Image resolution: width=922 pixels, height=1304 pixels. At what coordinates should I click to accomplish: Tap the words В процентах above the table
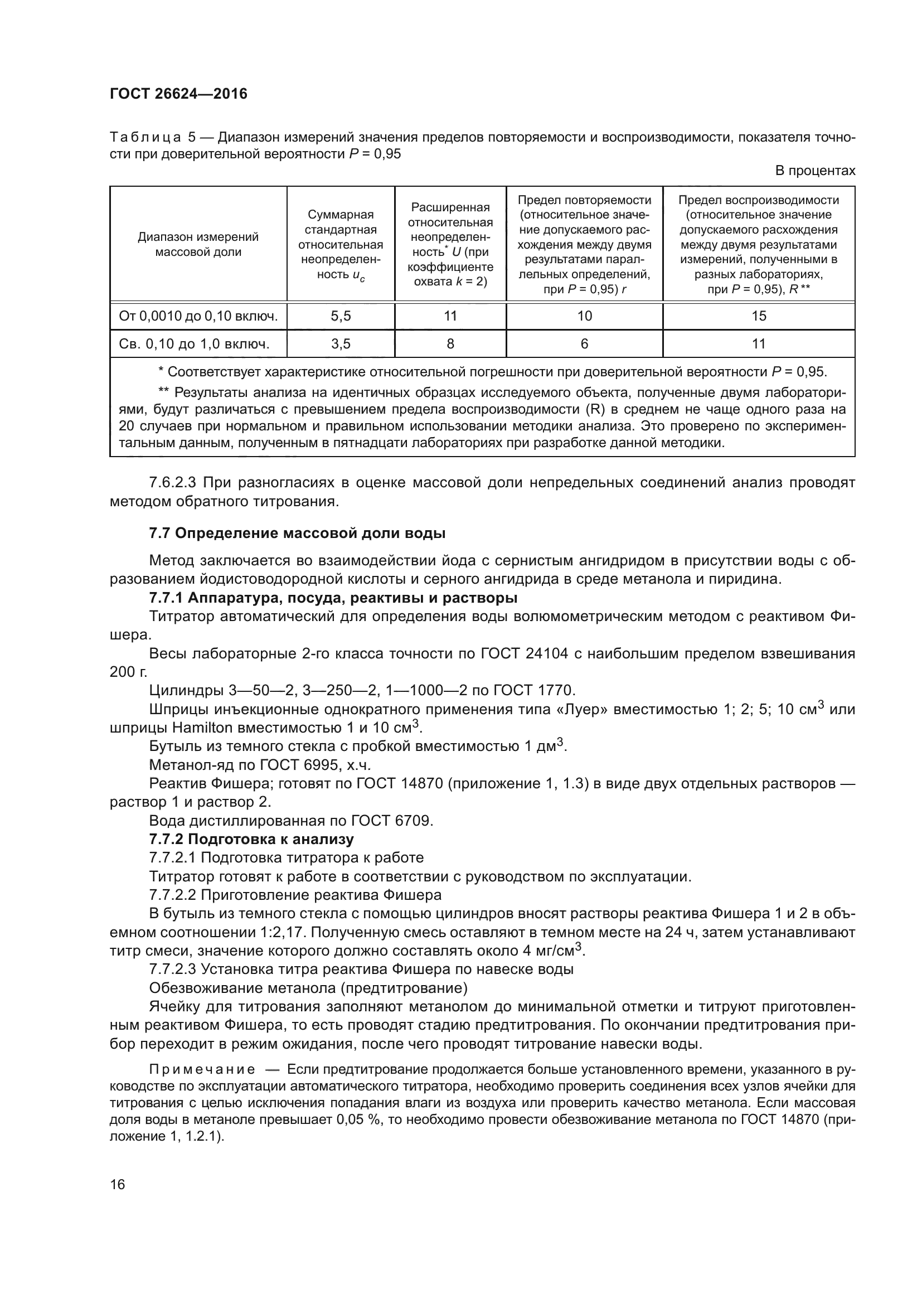(x=815, y=171)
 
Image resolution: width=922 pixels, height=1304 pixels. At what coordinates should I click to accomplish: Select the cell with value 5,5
(x=341, y=316)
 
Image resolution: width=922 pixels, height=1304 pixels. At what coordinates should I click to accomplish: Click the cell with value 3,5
(x=341, y=343)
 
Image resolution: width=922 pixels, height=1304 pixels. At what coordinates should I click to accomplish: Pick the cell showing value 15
(x=759, y=316)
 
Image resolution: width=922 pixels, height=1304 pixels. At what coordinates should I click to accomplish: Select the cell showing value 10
(x=584, y=316)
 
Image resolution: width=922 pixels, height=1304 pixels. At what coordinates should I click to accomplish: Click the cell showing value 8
(x=450, y=343)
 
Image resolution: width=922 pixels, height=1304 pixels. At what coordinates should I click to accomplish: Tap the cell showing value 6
(x=584, y=343)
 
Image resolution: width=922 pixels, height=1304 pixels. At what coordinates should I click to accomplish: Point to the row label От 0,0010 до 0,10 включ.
(x=198, y=316)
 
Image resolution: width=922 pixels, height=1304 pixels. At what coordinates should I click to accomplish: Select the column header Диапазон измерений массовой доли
(x=198, y=244)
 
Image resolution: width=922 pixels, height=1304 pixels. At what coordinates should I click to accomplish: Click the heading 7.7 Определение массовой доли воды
(x=297, y=534)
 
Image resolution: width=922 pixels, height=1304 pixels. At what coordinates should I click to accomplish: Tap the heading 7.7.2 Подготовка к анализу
(x=251, y=840)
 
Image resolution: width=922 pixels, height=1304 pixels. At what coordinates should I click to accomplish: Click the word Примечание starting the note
(x=202, y=1070)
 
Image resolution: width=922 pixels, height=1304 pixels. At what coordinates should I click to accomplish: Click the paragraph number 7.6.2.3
(x=173, y=483)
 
